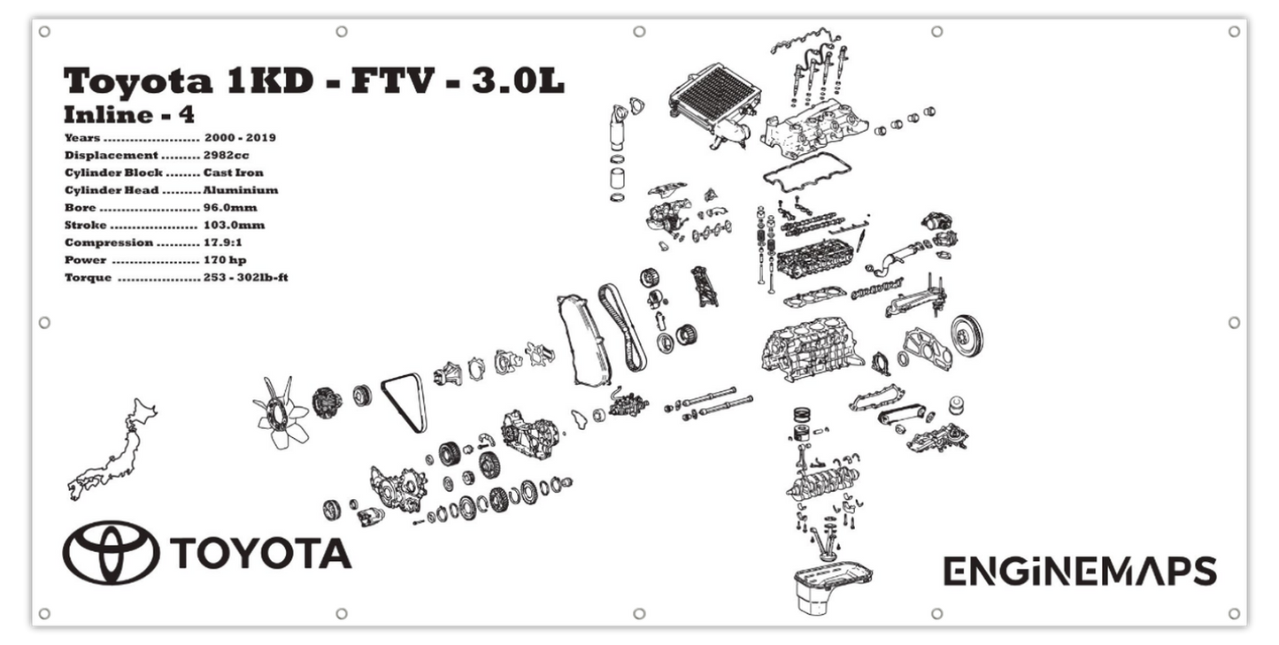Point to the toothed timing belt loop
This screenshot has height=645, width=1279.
tap(621, 327)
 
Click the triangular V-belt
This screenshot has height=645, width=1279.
tap(405, 403)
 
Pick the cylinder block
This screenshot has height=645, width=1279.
tap(810, 349)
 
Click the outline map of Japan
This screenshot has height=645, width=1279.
tap(115, 451)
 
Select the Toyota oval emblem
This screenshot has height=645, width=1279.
tap(111, 552)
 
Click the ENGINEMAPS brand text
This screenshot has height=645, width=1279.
tap(1079, 572)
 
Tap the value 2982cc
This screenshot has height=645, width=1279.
tap(226, 155)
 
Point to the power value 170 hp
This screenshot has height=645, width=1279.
tap(225, 260)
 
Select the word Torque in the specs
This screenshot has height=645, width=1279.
tap(88, 278)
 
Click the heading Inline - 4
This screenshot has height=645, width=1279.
tap(129, 115)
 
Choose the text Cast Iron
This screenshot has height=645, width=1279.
tap(233, 173)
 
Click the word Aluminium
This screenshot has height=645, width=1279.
tap(240, 190)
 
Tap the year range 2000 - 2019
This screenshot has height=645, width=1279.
tap(240, 138)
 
